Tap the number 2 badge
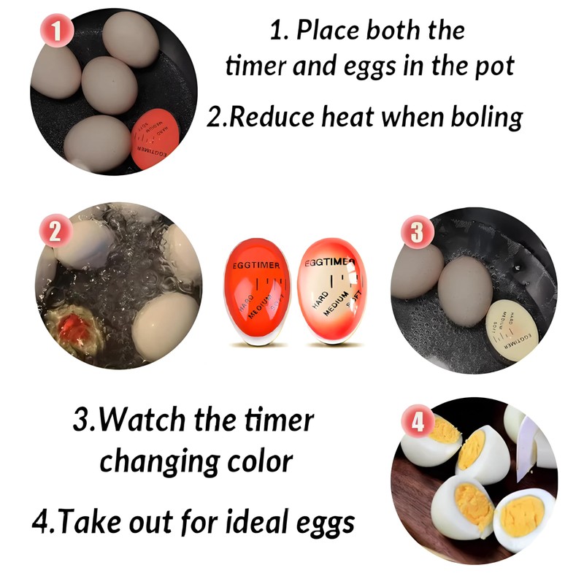point(54,232)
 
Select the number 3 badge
point(416,233)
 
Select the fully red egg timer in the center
point(256,291)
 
